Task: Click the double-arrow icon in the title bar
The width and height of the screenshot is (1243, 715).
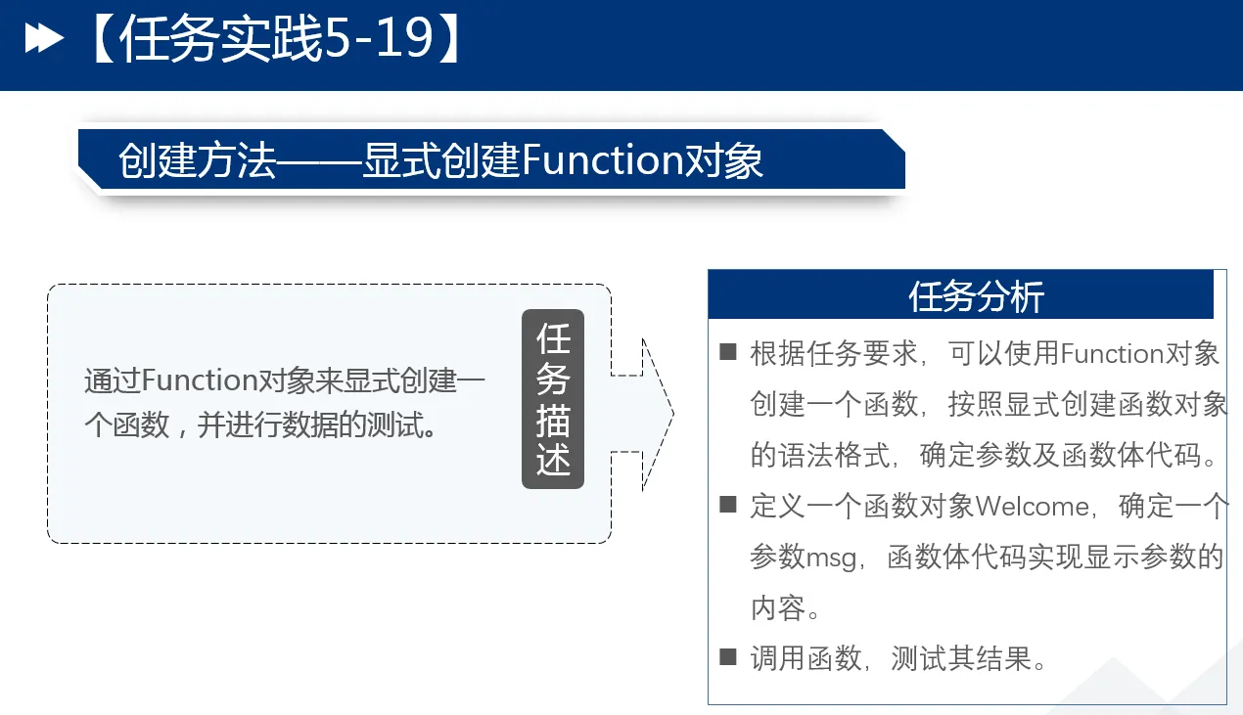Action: [x=44, y=38]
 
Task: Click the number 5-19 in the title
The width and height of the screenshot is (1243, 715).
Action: [x=379, y=38]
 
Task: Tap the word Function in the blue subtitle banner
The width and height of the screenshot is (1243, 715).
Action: [x=602, y=159]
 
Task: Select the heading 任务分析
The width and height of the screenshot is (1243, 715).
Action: [x=976, y=296]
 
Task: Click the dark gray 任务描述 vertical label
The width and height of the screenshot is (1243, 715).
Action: [x=553, y=399]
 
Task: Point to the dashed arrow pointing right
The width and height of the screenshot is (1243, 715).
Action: [x=642, y=414]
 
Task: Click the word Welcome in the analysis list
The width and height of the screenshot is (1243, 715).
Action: [x=1032, y=507]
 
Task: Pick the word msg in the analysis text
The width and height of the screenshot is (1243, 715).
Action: [x=831, y=558]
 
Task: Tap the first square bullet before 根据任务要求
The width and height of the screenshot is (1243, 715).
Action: [x=727, y=352]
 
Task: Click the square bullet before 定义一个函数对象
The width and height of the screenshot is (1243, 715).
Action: [x=727, y=504]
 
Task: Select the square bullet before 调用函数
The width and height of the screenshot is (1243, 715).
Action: [x=727, y=656]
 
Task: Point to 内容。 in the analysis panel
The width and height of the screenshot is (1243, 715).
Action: [x=785, y=608]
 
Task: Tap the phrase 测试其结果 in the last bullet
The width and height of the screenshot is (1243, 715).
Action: [x=962, y=659]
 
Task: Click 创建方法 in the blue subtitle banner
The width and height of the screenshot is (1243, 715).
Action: [x=197, y=160]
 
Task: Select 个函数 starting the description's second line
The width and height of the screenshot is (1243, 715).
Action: [x=126, y=425]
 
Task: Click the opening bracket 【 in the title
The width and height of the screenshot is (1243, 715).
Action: [x=102, y=38]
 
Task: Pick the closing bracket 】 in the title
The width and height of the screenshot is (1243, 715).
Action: [x=449, y=38]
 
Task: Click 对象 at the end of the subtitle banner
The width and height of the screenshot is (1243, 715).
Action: [x=723, y=160]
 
